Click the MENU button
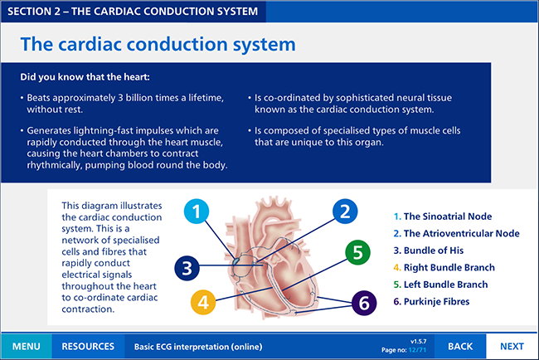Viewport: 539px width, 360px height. [27, 346]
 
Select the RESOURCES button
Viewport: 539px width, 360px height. [88, 346]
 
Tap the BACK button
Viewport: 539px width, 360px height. [460, 346]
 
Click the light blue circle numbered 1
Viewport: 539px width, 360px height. [197, 212]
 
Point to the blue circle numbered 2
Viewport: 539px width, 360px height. [345, 212]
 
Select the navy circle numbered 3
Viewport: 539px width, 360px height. [187, 268]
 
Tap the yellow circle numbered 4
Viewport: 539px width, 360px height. [203, 302]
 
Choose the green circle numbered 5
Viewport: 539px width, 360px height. [357, 252]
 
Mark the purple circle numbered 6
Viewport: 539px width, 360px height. [364, 303]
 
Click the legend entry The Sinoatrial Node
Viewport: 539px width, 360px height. [443, 216]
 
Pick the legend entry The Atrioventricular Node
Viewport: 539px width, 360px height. [457, 233]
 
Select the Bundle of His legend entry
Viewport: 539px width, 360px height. [429, 251]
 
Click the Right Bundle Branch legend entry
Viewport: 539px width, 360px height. [444, 267]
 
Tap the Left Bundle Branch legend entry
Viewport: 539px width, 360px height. [440, 285]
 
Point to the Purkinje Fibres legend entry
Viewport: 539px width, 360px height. [431, 302]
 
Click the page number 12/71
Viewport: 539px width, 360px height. [417, 350]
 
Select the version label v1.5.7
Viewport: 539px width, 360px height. [418, 342]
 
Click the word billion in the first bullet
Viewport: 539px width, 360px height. [139, 98]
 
